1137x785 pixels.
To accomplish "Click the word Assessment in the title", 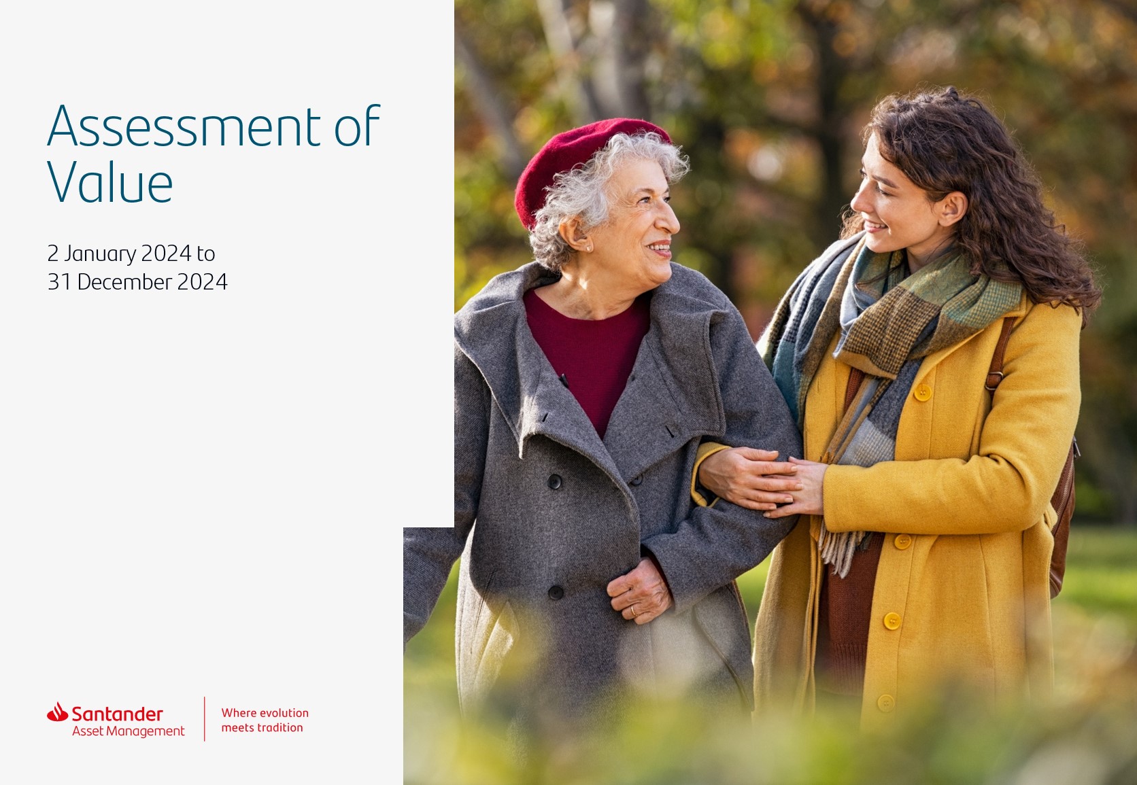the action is tap(184, 126).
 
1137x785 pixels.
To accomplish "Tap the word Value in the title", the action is tap(110, 181).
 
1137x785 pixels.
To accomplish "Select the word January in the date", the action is tap(100, 254).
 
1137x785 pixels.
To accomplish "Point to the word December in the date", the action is tap(124, 282).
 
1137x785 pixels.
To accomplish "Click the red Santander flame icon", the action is tap(57, 712).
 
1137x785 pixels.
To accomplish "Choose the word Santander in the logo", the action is tap(117, 714).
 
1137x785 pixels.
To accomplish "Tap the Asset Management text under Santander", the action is tap(129, 731).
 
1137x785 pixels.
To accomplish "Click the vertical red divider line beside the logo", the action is tap(205, 719).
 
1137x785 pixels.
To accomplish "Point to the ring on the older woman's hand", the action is tap(633, 612).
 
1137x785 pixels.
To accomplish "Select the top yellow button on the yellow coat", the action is tap(922, 392).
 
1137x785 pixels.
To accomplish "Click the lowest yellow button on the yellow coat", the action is tap(886, 703).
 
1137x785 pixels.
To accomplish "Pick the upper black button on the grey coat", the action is tap(554, 482).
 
